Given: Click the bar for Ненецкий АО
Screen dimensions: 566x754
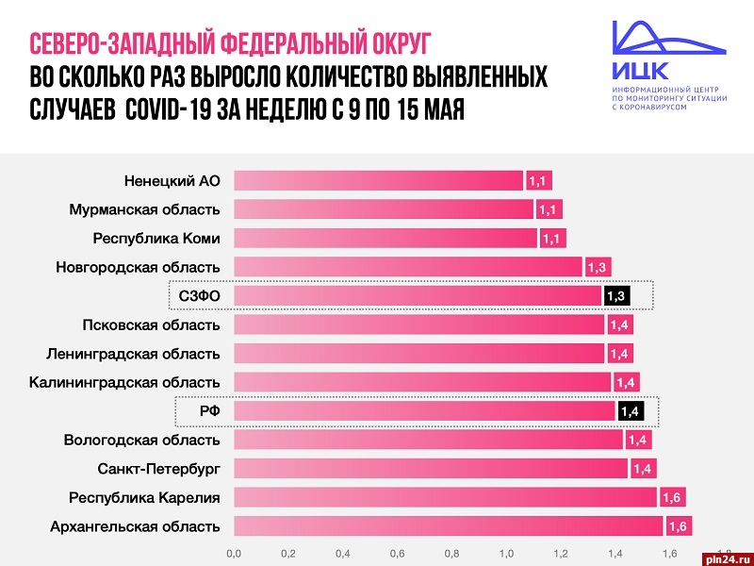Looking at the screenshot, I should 378,180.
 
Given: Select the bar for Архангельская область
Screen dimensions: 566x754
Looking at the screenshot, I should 449,525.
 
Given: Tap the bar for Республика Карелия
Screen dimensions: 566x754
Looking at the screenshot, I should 445,497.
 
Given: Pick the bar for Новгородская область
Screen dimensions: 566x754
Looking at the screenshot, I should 408,267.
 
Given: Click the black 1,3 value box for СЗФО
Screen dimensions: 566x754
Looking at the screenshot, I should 616,296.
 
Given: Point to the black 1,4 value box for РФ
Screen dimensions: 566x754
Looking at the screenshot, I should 630,410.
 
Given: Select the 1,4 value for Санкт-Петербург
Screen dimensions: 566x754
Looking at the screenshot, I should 642,468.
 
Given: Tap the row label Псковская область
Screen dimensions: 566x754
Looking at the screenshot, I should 151,325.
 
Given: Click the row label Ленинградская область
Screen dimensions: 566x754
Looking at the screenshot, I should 133,354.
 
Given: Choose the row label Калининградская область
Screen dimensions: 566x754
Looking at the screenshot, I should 124,382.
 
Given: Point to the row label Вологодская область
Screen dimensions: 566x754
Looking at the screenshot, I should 141,440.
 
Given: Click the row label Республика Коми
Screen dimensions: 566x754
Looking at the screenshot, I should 156,238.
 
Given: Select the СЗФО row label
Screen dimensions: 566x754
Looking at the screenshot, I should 199,296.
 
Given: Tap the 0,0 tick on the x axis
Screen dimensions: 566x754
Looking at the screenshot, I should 234,553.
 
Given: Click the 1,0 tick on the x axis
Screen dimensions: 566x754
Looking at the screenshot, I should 506,553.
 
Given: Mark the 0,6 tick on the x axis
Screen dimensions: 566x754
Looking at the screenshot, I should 397,553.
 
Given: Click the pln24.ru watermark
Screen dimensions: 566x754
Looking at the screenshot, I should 725,557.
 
